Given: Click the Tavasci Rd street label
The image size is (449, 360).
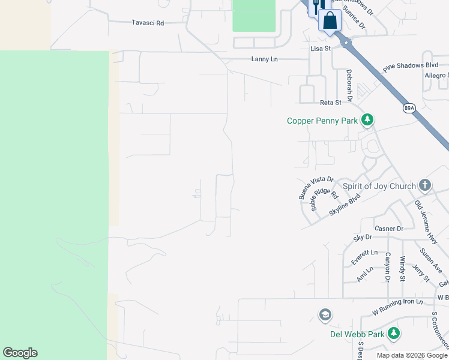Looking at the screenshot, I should (x=148, y=23).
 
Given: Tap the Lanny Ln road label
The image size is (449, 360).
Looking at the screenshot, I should (x=265, y=59).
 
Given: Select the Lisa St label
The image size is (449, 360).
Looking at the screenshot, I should (x=321, y=48).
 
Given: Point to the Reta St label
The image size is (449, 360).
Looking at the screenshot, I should (x=330, y=103).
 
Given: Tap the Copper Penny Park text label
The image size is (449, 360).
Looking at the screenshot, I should (x=322, y=121).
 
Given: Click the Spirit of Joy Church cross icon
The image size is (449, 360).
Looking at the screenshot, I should (x=425, y=185).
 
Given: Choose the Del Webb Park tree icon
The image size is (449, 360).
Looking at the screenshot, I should (x=394, y=333).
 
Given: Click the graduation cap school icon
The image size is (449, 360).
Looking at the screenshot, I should (x=325, y=315).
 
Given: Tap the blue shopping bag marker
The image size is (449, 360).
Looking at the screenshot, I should (x=330, y=20).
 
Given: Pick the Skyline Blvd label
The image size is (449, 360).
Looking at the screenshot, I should (x=345, y=205).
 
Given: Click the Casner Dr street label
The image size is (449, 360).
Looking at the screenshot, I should (x=389, y=229).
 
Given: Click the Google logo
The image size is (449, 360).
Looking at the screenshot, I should (x=20, y=353).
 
